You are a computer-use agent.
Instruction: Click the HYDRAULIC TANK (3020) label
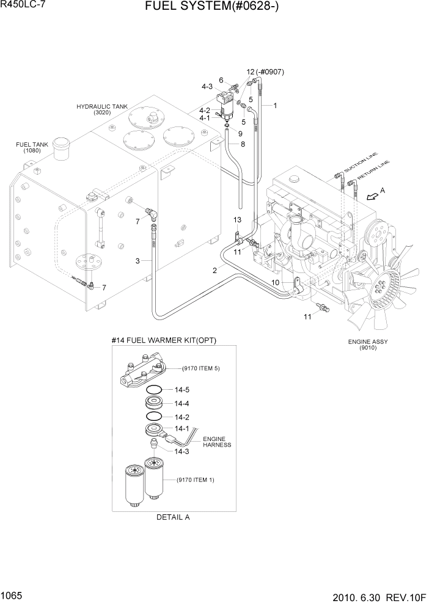point(102,109)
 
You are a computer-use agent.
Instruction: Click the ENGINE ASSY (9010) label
point(367,345)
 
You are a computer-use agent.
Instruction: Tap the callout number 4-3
point(207,87)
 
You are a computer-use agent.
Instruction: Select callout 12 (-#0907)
point(265,72)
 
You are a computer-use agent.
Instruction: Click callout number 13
point(238,219)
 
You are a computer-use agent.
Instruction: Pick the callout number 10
point(275,282)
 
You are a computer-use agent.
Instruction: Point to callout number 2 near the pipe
point(215,270)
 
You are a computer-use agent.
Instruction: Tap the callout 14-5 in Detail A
point(182,390)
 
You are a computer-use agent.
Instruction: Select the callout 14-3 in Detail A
point(182,451)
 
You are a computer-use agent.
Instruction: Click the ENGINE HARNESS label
point(217,442)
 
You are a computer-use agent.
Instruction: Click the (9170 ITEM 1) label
point(196,480)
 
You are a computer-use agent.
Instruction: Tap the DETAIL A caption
point(173,517)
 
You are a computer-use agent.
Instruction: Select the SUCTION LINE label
point(360,162)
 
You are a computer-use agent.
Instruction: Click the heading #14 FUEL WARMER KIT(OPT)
point(164,340)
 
